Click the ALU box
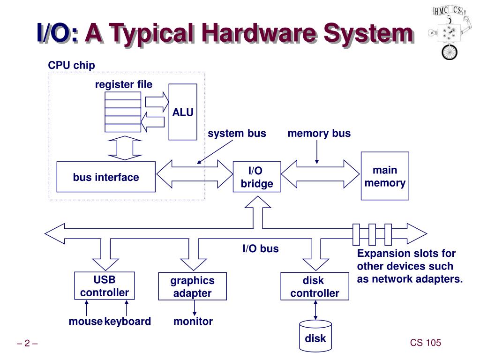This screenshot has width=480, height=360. (183, 112)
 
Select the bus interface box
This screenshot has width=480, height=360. (106, 177)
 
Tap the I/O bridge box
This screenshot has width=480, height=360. (257, 177)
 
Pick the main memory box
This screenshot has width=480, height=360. (385, 176)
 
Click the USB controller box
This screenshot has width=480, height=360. (105, 285)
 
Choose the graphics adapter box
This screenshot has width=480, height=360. (192, 286)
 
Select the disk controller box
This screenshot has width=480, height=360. (315, 286)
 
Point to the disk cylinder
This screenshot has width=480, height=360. (315, 336)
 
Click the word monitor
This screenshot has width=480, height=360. (193, 321)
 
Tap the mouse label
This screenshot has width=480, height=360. (85, 321)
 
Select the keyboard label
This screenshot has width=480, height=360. (127, 322)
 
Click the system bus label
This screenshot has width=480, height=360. (237, 134)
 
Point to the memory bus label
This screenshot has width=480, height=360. (319, 134)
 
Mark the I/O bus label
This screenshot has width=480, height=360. (261, 248)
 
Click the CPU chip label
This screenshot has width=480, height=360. (71, 65)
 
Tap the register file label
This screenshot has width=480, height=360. (124, 84)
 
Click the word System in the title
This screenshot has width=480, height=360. (368, 34)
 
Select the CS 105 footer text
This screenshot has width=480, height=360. (426, 343)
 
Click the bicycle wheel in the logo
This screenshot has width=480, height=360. (449, 52)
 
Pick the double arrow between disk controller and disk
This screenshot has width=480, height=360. (315, 310)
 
